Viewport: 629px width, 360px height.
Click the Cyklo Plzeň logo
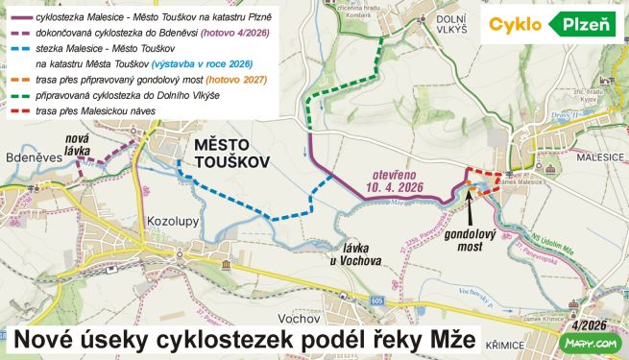coord(551,25)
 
